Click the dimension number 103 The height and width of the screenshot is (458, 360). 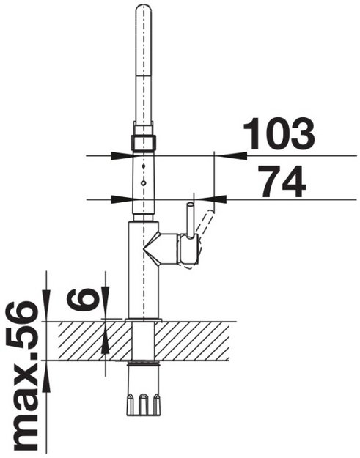(279, 134)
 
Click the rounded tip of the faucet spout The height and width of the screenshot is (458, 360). (143, 9)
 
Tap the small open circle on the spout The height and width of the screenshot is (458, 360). (143, 183)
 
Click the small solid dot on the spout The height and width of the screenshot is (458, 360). (143, 166)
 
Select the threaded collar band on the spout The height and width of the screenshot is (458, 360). (143, 143)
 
